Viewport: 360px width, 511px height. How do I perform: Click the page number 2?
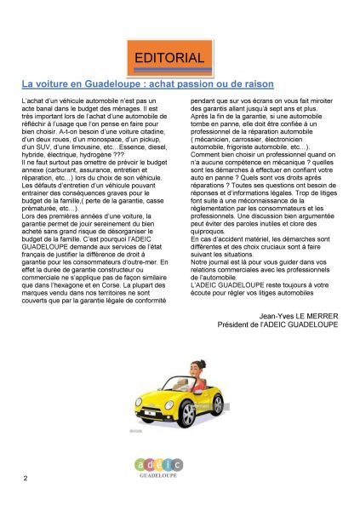(x=26, y=478)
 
